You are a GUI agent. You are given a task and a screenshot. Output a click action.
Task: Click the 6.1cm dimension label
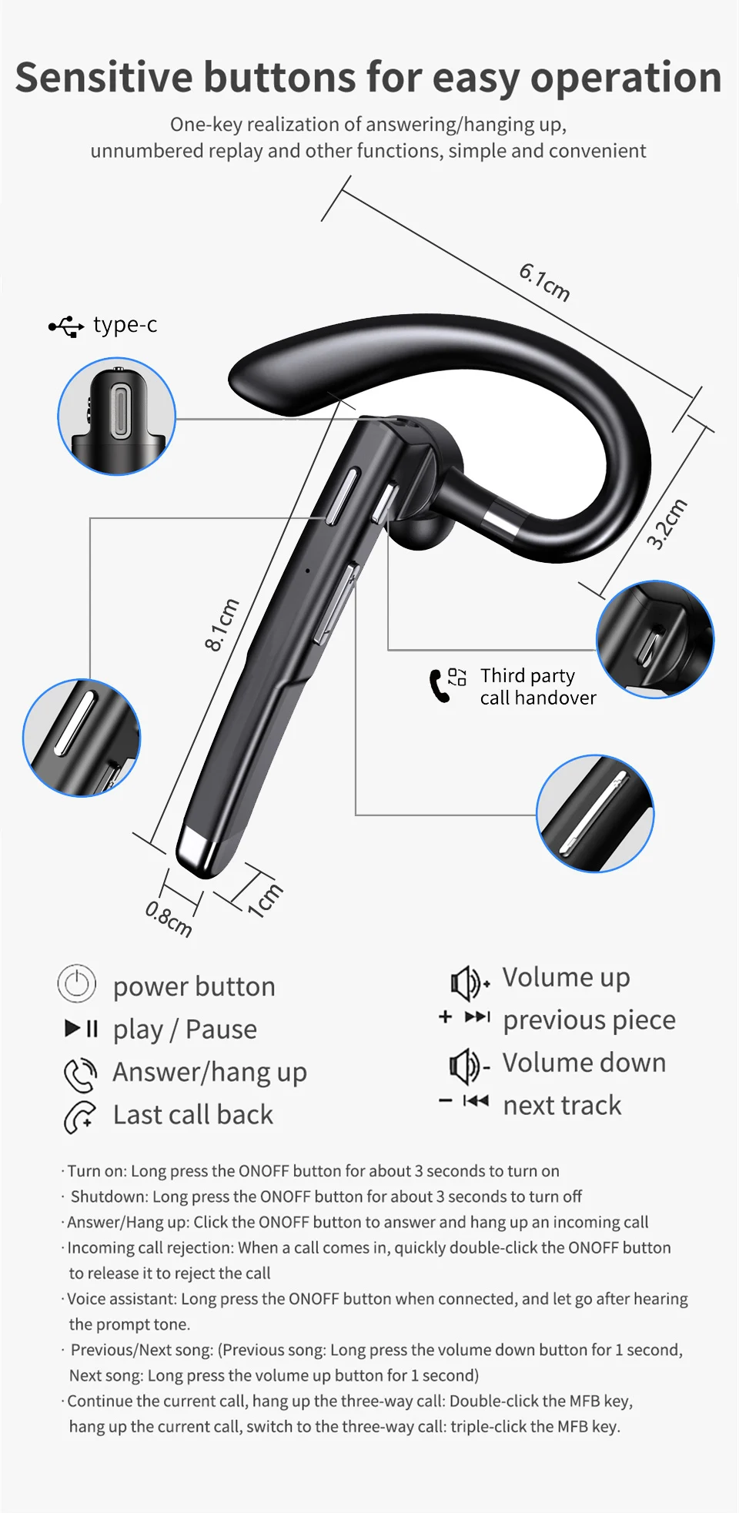click(544, 282)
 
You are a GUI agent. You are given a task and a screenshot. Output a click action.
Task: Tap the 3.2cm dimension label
click(667, 524)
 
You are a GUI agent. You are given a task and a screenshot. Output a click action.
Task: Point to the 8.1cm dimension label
click(222, 624)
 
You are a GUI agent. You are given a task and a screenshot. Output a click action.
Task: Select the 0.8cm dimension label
click(169, 919)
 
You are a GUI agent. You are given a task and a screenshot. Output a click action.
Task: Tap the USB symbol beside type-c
click(66, 326)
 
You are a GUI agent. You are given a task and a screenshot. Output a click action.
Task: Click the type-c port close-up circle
click(117, 416)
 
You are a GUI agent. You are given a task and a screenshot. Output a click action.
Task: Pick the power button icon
click(77, 984)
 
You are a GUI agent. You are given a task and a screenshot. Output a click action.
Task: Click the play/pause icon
click(82, 1028)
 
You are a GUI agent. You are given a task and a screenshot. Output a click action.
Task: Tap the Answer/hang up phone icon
click(80, 1075)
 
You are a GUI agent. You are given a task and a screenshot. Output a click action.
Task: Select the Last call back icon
click(80, 1117)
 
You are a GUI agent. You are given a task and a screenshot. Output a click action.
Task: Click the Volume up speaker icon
click(470, 982)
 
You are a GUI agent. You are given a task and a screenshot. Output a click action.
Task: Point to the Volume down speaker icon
click(470, 1066)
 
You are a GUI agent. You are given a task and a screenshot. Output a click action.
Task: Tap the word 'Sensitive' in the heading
click(104, 77)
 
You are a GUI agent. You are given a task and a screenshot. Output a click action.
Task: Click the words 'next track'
click(562, 1105)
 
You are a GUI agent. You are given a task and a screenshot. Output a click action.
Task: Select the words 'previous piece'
click(589, 1020)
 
